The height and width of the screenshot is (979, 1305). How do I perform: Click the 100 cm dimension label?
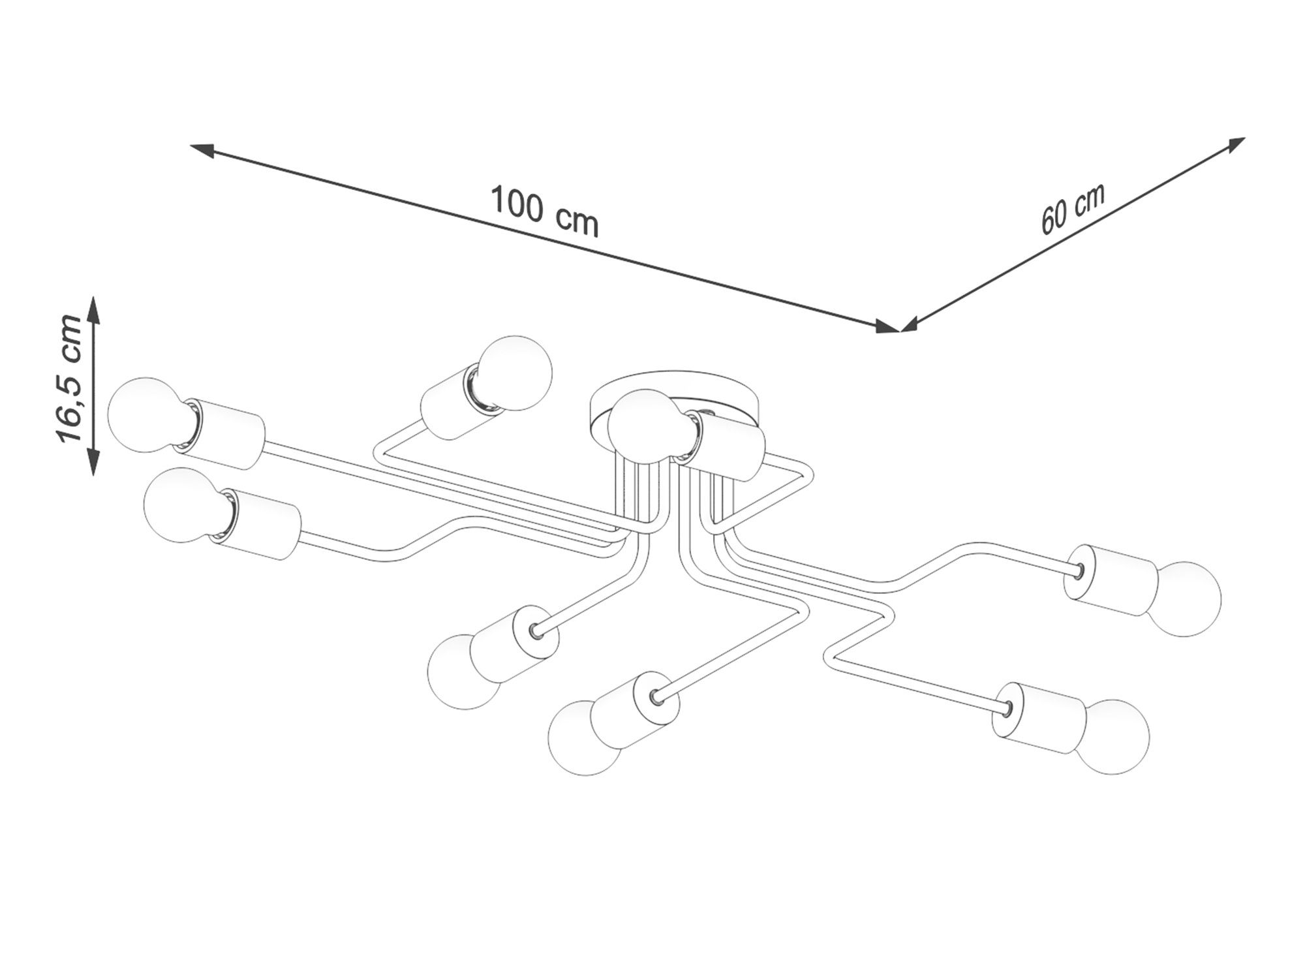[x=544, y=210]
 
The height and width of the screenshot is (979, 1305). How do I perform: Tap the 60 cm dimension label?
[x=1073, y=208]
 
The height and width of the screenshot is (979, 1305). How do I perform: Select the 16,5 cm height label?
[x=70, y=379]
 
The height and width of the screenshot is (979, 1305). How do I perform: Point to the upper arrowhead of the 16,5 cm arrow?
[x=94, y=311]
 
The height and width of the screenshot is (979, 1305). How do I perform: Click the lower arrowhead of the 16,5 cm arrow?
[x=94, y=461]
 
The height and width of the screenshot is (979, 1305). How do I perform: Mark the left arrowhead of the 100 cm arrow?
[x=203, y=150]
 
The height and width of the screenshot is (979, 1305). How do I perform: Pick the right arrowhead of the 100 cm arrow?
[x=887, y=326]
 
